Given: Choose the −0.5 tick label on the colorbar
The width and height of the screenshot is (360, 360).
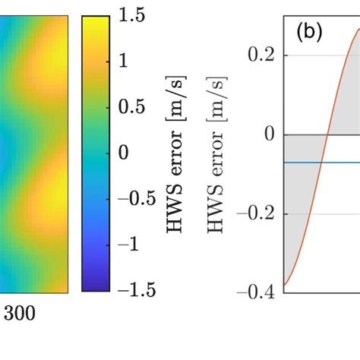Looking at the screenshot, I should (139, 198).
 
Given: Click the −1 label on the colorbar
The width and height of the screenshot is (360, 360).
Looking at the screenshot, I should (131, 244).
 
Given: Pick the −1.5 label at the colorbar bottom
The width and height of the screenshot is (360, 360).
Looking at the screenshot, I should (139, 289).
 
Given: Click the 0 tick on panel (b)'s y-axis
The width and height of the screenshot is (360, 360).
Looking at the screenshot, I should (267, 134).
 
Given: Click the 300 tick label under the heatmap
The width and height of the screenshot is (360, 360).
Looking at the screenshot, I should (20, 313).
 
